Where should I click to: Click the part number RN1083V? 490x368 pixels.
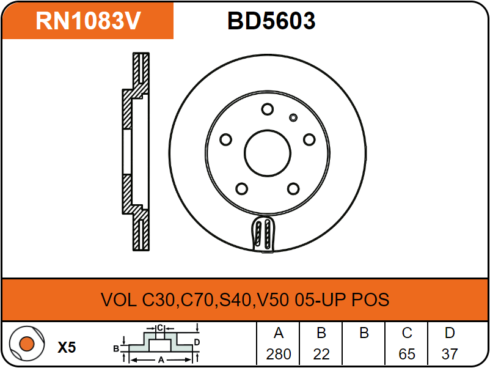coord(89,21)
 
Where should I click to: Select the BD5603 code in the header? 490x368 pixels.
coord(271,21)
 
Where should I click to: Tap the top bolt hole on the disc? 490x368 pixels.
coord(267,109)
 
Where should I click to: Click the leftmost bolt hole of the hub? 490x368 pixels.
coord(225,140)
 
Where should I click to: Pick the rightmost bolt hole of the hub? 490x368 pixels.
coord(309,140)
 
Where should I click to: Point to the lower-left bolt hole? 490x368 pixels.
coord(241,188)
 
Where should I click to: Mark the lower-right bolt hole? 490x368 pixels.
coord(293,188)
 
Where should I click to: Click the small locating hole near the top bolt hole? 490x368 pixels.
coord(293,117)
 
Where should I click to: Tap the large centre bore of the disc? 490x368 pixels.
coord(268,153)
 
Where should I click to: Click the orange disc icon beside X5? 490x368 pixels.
coord(26,344)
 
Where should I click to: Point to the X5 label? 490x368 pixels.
coord(67,348)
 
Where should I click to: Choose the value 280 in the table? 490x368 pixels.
coord(279,354)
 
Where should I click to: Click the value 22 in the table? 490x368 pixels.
coord(321,354)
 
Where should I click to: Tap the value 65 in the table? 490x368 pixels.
coord(407,354)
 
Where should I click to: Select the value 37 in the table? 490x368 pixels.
coord(450,354)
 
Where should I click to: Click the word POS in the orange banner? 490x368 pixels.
coord(370,300)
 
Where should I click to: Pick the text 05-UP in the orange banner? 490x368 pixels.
coord(320,300)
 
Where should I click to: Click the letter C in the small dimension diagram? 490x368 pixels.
coord(160,328)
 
